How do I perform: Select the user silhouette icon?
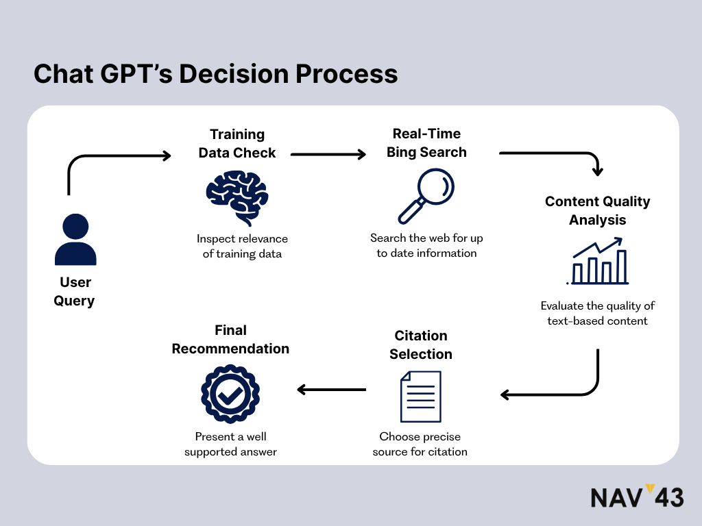coord(75,240)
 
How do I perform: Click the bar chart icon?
coord(598,262)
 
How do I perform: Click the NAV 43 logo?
coord(637,497)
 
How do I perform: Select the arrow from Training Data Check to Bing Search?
coord(329,155)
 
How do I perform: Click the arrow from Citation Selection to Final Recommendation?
coord(332,390)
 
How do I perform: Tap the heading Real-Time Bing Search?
coord(426,143)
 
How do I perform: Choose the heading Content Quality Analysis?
coord(598,211)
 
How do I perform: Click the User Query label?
coord(75,291)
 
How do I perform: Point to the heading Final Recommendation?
coord(230,339)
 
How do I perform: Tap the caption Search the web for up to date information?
coord(426,245)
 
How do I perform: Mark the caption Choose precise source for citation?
coord(420,444)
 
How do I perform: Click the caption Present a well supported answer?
coord(230,444)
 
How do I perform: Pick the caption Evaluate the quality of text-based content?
coord(598,313)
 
